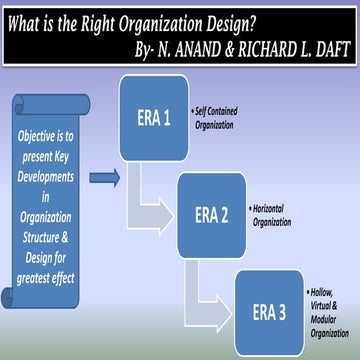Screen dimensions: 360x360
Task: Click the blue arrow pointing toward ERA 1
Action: pos(104,178)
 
